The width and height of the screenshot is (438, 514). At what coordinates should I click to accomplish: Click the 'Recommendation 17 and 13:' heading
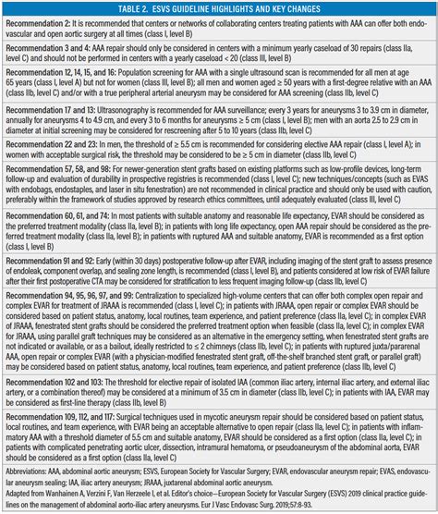pos(55,132)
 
